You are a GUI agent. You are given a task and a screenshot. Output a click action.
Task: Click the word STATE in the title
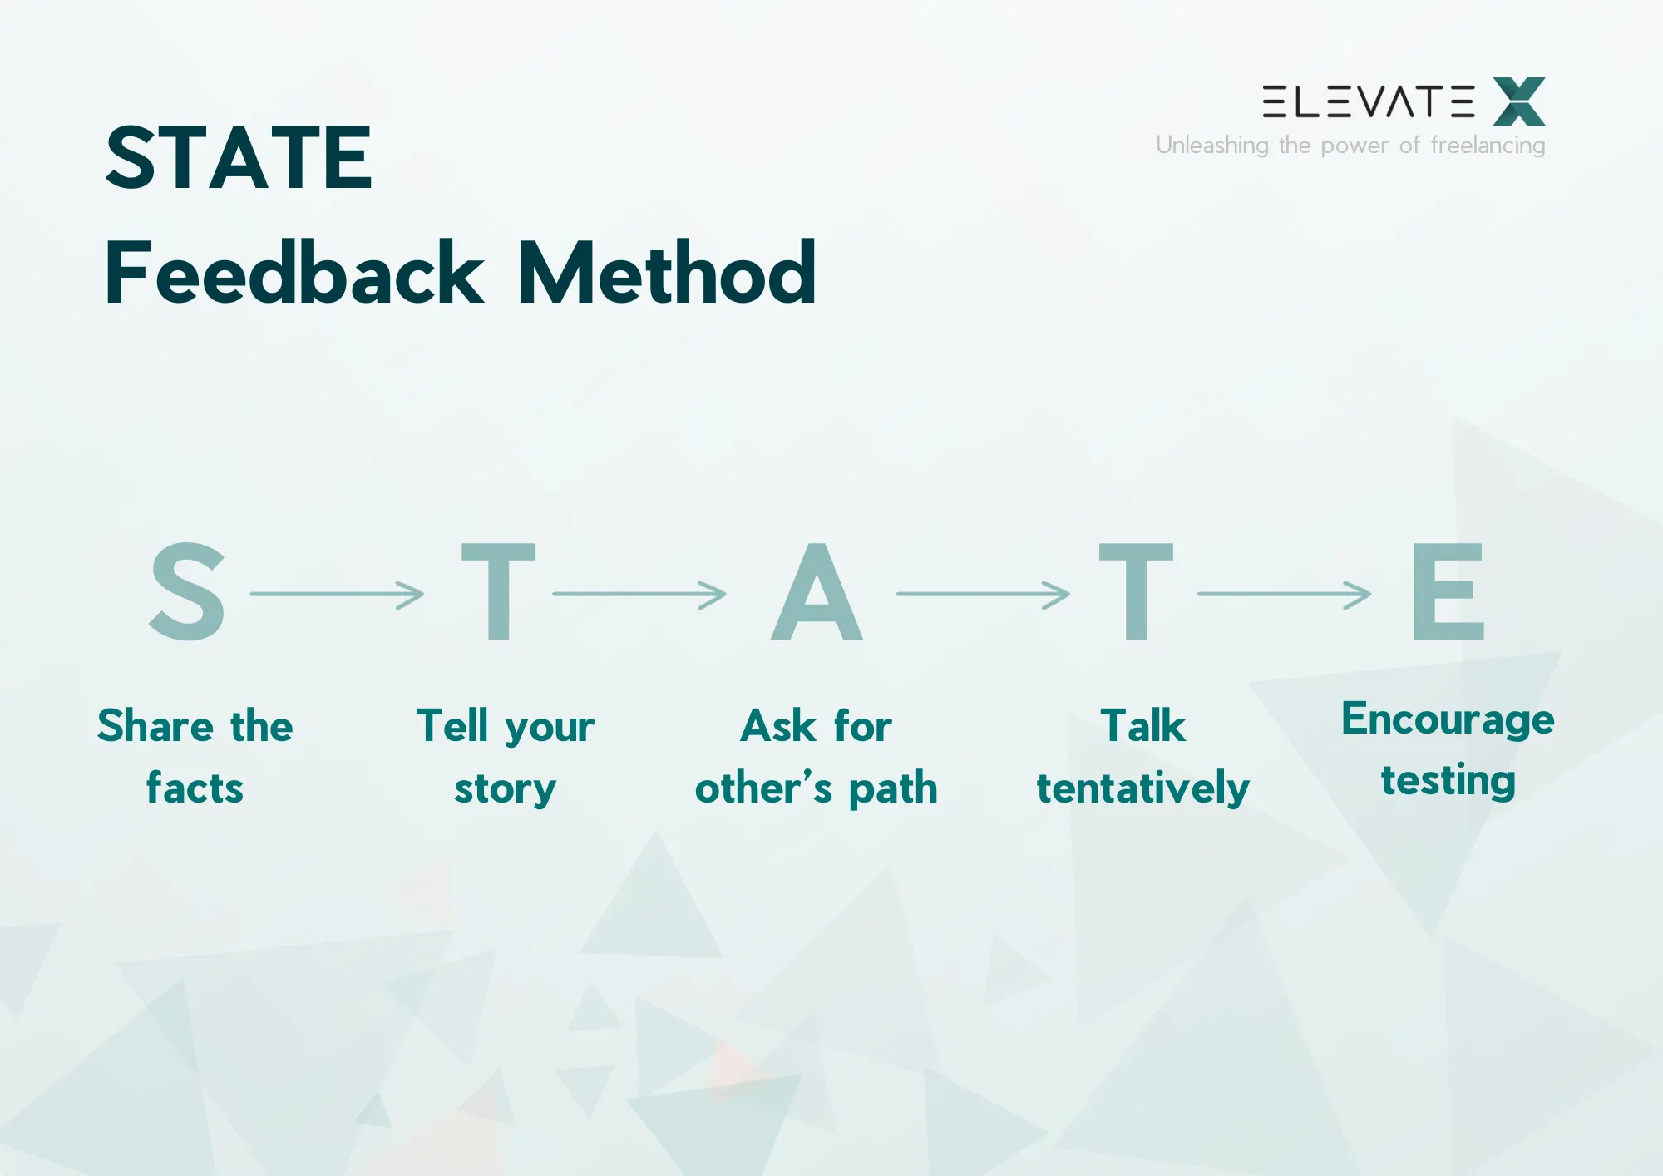239,158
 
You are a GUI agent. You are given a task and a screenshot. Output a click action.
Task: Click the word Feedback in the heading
294,274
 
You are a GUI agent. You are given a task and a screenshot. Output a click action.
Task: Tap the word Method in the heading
666,274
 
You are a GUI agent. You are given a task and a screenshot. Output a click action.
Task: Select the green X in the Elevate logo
1518,101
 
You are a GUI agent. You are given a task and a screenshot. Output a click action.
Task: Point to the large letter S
187,592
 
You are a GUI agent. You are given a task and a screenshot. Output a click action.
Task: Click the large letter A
817,592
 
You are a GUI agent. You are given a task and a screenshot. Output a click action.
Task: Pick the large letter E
1448,592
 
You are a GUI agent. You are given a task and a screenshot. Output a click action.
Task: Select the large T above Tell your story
498,592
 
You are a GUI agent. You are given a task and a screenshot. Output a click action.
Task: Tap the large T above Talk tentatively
1136,592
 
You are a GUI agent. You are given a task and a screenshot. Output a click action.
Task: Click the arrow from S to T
337,595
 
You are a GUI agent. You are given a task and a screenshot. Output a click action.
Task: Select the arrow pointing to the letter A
639,595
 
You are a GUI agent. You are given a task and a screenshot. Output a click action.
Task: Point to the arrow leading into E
1284,595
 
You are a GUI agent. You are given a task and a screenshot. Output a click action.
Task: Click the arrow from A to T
982,595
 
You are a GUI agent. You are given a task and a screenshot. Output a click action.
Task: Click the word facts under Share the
195,788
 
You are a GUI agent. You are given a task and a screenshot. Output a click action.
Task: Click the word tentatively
1142,788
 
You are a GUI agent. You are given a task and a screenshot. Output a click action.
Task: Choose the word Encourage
1447,720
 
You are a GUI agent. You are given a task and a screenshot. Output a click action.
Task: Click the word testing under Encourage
1448,781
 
